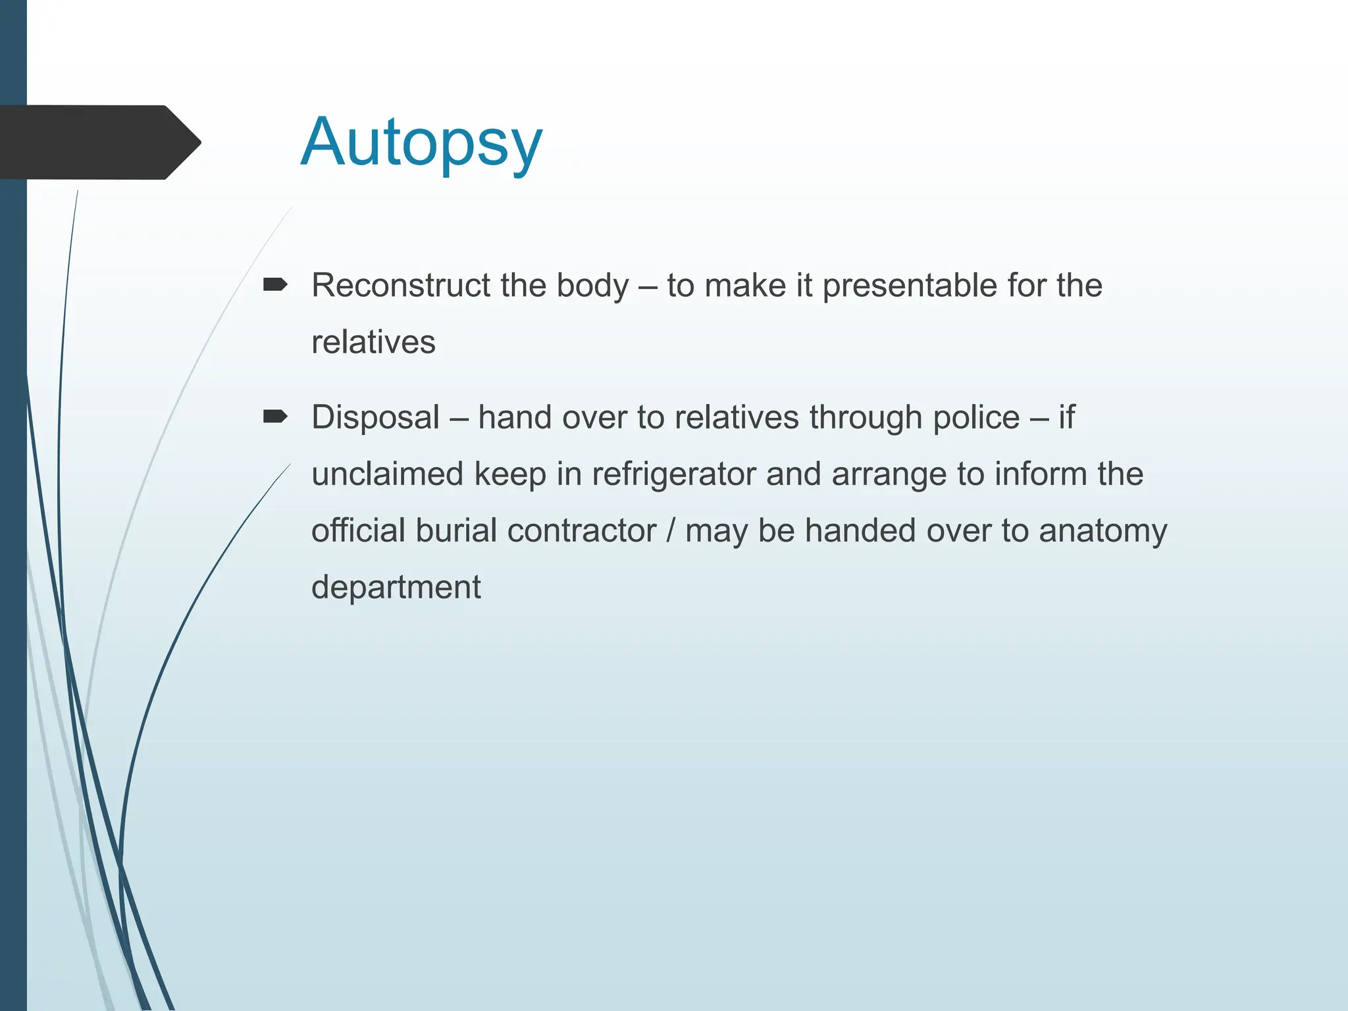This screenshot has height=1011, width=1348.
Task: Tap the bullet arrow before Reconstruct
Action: [x=275, y=285]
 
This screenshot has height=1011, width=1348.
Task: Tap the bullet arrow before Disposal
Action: [x=275, y=417]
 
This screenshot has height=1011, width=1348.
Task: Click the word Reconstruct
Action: [x=401, y=286]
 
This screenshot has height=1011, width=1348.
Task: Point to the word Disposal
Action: [x=375, y=418]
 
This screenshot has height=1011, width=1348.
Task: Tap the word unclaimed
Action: [x=387, y=474]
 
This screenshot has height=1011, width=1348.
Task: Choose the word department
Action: [x=396, y=588]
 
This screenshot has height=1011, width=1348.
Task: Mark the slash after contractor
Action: [x=670, y=531]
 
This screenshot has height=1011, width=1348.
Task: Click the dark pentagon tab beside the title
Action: [x=99, y=142]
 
